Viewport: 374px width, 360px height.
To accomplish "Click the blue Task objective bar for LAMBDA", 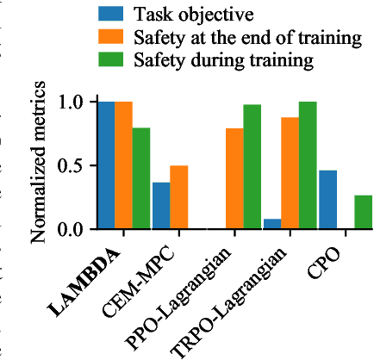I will [x=106, y=165].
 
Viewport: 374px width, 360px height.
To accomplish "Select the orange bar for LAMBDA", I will [x=124, y=165].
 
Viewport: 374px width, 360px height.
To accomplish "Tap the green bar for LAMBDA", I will [x=141, y=178].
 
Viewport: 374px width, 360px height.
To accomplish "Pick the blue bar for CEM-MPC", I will [x=161, y=206].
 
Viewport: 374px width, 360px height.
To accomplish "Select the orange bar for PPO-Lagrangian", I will [x=234, y=178].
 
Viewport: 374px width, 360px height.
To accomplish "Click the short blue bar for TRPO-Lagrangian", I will [x=272, y=224].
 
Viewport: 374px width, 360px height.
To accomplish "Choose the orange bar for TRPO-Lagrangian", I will [x=290, y=173].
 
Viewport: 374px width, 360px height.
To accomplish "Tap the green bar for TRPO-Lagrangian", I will [x=307, y=165].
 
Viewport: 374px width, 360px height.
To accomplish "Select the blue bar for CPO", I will [x=327, y=200].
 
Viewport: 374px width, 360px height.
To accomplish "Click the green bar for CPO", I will [x=363, y=212].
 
